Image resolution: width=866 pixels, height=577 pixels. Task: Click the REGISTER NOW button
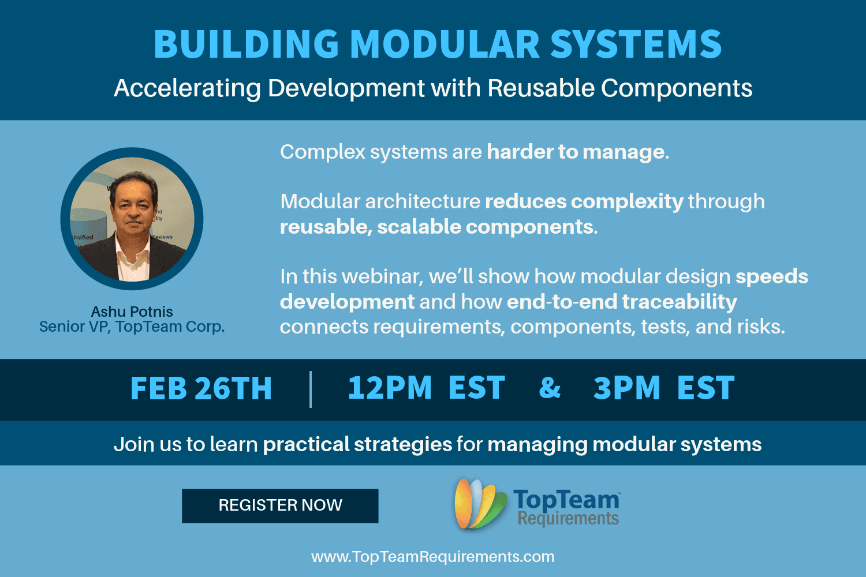tap(280, 505)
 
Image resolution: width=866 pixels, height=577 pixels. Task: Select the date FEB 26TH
tap(201, 388)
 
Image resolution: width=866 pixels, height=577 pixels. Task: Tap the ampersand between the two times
tap(550, 387)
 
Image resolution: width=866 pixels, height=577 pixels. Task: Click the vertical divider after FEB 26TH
tap(311, 389)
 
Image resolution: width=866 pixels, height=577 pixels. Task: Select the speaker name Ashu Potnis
tap(132, 312)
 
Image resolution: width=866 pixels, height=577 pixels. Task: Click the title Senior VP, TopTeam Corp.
tap(132, 327)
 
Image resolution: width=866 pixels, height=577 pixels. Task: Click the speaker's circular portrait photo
tap(132, 219)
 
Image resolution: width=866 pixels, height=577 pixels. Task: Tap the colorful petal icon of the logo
tap(480, 504)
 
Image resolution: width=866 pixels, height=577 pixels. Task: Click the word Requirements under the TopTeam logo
tap(568, 519)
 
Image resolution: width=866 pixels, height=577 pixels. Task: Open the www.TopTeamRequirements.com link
tap(432, 557)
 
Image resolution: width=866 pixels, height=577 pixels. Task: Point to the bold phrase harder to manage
tap(578, 152)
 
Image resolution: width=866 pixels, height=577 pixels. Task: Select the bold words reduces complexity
tap(584, 202)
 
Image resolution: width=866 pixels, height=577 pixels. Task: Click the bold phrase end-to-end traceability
tap(622, 302)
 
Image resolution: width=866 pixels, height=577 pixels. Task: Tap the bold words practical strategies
tap(357, 444)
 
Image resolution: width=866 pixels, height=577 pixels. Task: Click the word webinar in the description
tap(382, 277)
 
